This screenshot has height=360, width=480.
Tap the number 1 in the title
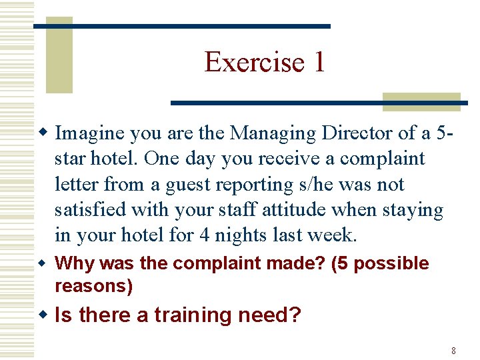pyautogui.click(x=319, y=62)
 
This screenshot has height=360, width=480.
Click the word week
pyautogui.click(x=335, y=235)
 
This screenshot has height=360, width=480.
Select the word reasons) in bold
pyautogui.click(x=94, y=286)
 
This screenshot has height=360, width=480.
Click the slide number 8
pyautogui.click(x=453, y=351)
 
